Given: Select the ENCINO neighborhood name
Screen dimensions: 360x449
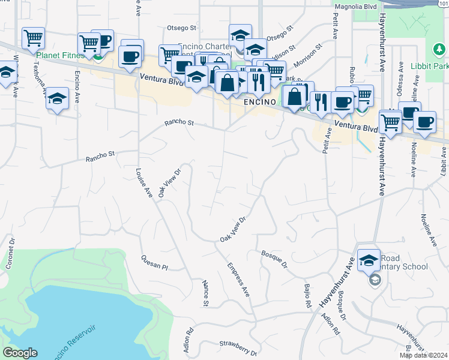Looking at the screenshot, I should [x=259, y=103].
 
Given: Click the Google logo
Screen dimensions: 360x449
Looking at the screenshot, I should [x=20, y=353].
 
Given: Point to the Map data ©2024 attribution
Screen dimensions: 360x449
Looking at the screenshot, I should [x=424, y=355].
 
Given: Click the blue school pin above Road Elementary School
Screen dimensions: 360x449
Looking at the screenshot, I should [x=369, y=260].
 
